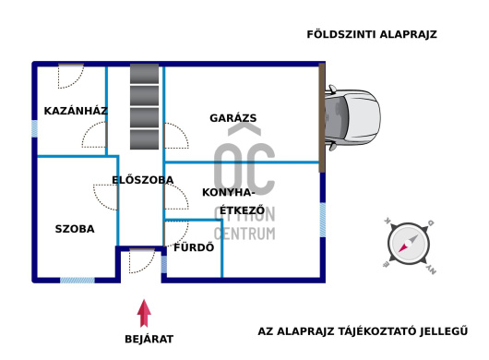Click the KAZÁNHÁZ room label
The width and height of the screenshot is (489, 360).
point(76,111)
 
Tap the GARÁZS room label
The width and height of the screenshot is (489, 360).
point(233,118)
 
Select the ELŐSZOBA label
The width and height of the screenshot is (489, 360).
point(142,180)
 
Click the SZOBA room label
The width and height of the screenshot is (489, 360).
point(74,229)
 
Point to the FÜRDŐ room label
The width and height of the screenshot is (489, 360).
point(194,247)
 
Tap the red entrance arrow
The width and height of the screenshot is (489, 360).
point(143,313)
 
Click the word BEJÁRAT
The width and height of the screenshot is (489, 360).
point(149,339)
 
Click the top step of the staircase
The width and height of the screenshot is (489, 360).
point(145,73)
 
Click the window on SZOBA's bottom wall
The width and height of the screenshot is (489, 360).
point(78,279)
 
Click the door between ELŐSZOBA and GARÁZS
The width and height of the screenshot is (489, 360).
point(174,136)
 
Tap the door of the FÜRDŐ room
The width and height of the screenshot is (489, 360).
point(175,234)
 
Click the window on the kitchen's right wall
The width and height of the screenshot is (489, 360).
point(322,220)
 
